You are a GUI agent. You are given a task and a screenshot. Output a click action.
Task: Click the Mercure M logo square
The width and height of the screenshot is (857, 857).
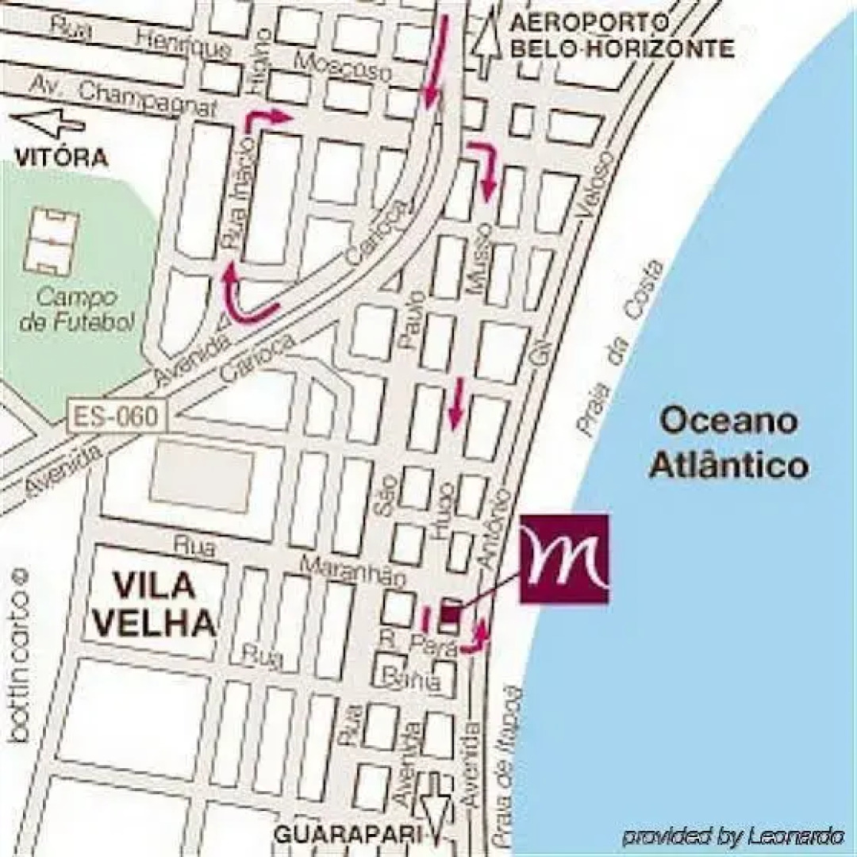564,559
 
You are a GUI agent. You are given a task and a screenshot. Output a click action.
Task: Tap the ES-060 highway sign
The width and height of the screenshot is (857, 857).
119,416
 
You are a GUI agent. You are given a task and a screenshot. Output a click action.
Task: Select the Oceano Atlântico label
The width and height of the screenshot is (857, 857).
728,442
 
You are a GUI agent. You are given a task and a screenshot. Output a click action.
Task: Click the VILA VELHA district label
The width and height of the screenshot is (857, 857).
154,605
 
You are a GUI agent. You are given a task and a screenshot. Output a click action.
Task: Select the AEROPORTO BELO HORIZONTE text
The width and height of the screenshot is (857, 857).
621,35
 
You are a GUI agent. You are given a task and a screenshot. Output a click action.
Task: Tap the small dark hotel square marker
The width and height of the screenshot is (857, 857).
452,613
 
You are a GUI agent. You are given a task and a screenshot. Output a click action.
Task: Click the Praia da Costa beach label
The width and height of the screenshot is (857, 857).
621,349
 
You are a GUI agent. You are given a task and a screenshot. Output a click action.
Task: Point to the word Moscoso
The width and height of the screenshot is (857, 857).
343,65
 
